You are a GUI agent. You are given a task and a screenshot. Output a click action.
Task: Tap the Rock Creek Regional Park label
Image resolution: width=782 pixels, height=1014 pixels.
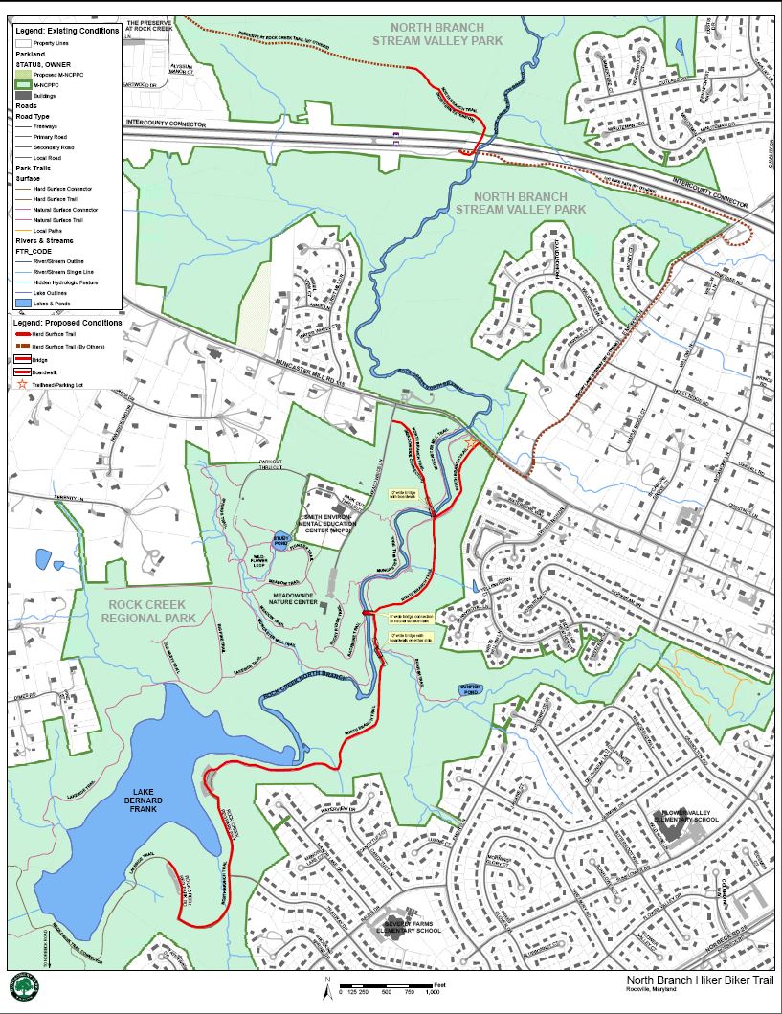pos(154,611)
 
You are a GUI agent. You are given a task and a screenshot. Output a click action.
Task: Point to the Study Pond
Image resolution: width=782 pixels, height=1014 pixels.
pos(280,540)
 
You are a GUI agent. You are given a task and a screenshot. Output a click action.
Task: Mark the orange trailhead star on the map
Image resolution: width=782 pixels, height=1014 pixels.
pos(473,441)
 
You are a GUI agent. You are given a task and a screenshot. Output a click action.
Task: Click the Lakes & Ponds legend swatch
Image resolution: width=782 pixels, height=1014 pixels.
pos(23,303)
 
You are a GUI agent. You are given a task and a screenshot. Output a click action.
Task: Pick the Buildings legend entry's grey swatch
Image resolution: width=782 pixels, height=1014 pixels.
pos(23,97)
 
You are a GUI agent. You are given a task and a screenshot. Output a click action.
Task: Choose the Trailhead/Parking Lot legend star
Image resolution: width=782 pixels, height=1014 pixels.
pos(23,384)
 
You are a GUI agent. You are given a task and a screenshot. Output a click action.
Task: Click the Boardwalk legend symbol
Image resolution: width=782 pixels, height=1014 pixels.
pos(23,372)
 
